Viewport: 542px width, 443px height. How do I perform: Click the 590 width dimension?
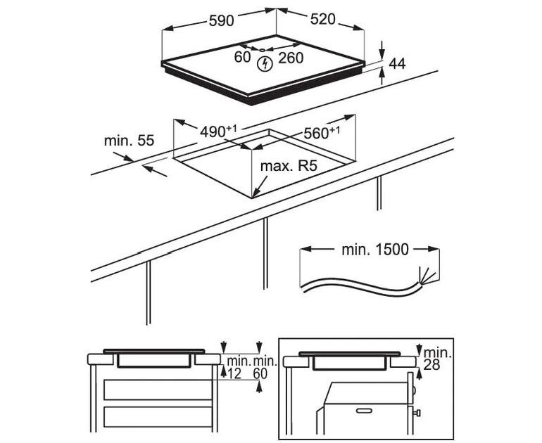coord(221,20)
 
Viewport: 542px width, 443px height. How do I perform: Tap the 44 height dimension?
coord(397,63)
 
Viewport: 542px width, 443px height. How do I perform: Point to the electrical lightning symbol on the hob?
coord(265,65)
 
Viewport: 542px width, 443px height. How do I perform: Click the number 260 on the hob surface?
coord(291,58)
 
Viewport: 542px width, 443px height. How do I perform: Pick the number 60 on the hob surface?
coord(243,58)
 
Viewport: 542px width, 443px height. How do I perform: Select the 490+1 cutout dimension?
coord(219,131)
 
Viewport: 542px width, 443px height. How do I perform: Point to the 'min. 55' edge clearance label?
coord(129,141)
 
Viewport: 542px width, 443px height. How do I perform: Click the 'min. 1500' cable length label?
coord(373,250)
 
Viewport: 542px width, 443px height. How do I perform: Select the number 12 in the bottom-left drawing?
coord(234,375)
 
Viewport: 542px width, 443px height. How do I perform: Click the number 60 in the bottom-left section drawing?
coord(260,375)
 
